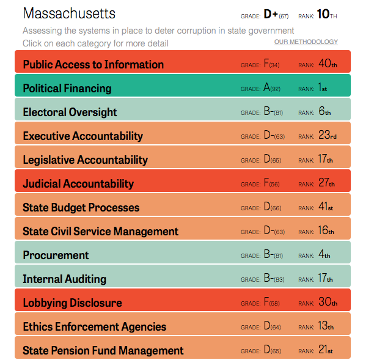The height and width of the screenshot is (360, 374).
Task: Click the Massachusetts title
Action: [x=69, y=13]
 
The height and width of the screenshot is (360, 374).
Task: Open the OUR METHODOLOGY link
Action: [x=306, y=42]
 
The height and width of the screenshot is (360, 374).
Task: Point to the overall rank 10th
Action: [x=327, y=14]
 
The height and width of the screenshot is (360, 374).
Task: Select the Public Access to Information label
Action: [x=93, y=64]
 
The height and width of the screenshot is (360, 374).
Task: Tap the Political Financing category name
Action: [x=67, y=88]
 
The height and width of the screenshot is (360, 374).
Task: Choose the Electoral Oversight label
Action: [x=70, y=112]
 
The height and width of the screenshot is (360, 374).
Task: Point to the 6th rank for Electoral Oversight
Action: [x=324, y=112]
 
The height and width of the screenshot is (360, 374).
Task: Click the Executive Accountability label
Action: [x=82, y=136]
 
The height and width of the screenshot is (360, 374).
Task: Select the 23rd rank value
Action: [x=327, y=136]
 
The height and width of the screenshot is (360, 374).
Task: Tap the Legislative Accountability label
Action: [x=85, y=160]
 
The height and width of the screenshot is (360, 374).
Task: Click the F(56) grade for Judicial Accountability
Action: [x=271, y=183]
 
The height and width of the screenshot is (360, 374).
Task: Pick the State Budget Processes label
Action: [x=81, y=207]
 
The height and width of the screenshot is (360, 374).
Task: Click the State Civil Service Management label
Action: [x=100, y=231]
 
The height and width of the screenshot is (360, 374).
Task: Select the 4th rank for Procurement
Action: [x=324, y=255]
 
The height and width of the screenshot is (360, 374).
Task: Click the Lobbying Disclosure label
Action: [x=72, y=303]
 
